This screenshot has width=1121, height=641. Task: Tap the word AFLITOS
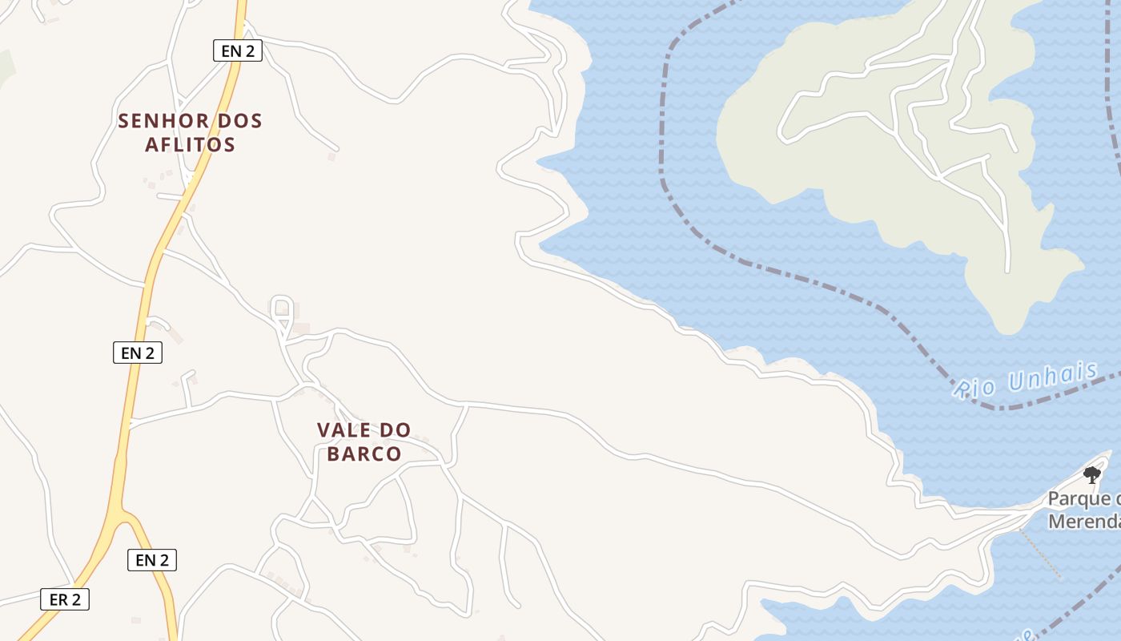click(190, 145)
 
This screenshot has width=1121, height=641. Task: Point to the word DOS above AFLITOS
click(235, 121)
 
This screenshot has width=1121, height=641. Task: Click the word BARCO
click(364, 454)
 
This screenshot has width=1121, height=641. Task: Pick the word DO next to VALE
click(395, 430)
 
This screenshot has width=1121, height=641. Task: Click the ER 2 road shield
click(65, 599)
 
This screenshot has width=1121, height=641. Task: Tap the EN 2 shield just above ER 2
click(152, 560)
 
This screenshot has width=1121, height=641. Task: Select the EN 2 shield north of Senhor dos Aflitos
click(238, 51)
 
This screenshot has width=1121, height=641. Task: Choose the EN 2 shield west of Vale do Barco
click(138, 353)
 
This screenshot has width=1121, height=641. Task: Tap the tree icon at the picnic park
click(1091, 475)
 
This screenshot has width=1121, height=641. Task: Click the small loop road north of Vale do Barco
click(281, 308)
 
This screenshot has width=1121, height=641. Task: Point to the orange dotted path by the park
click(1041, 554)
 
